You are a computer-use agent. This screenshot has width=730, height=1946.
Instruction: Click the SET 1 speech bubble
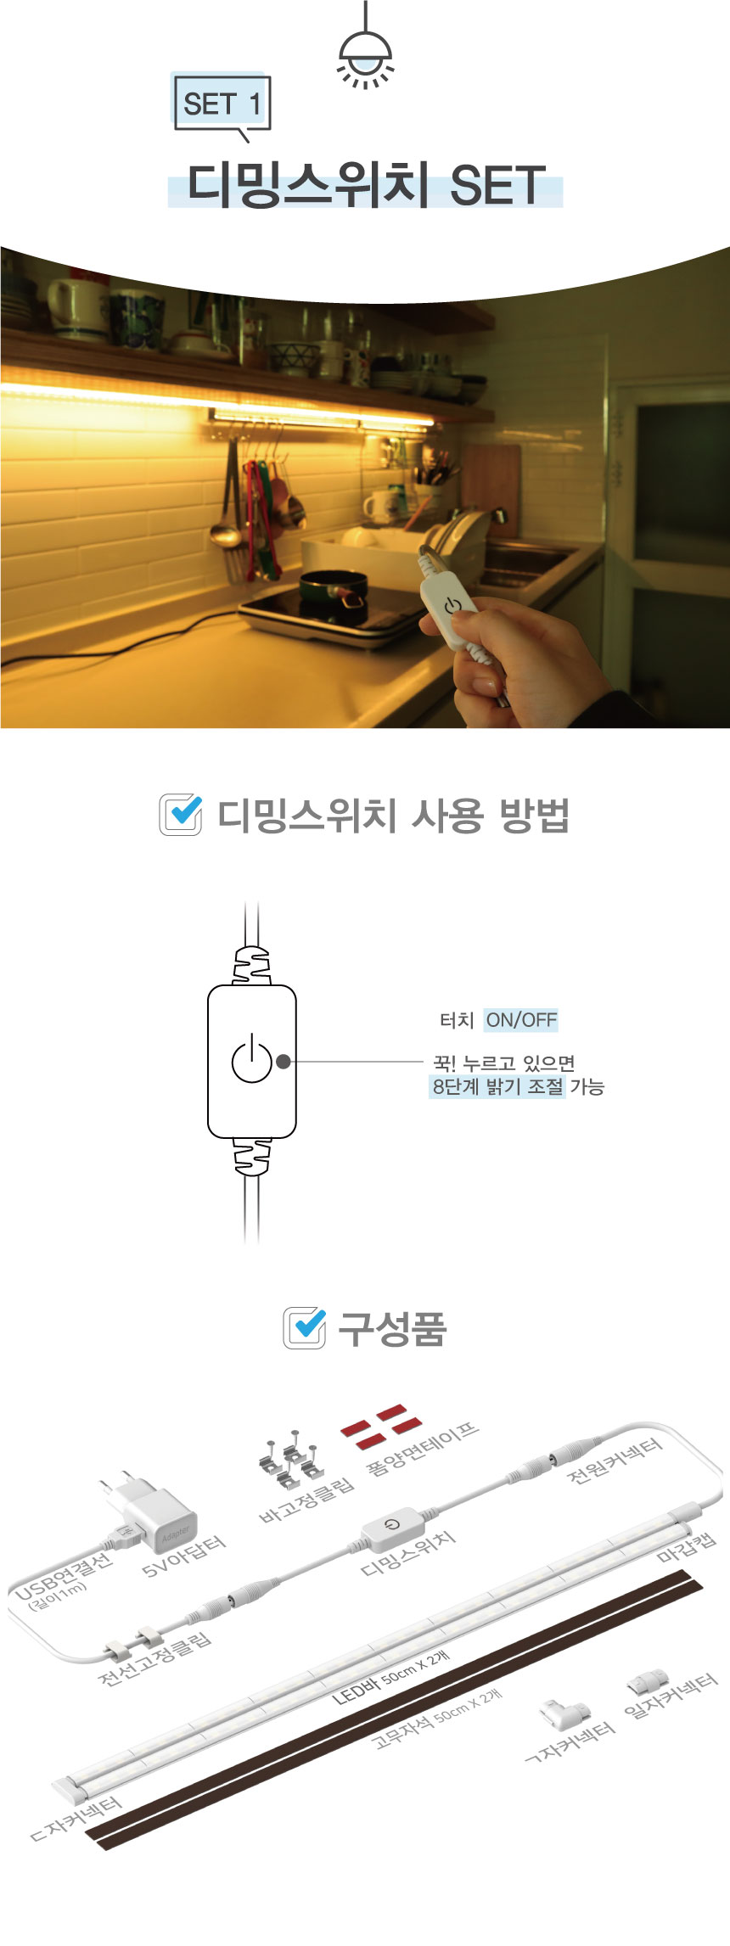pos(222,104)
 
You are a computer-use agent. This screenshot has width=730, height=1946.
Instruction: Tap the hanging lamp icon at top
pos(365,46)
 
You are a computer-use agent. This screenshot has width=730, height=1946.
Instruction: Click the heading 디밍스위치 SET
pos(365,186)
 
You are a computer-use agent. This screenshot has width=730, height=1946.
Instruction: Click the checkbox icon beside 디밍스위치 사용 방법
pos(181,815)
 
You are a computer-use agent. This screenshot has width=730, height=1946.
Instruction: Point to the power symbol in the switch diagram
pos(252,1059)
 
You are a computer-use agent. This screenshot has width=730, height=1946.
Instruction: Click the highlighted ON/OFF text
pos(521,1019)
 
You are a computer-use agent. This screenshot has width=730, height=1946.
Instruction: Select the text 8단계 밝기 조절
pos(497,1086)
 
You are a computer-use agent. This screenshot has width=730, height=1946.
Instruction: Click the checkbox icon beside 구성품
pos(304,1328)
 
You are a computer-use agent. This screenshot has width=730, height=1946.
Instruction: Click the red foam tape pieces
pos(380,1427)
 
